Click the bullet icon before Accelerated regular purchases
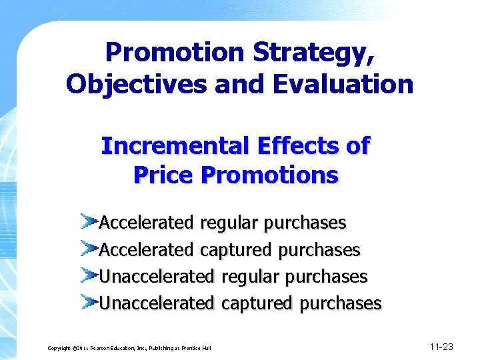pos(89,220)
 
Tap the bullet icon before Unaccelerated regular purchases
pos(89,274)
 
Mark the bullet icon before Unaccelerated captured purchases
pos(89,301)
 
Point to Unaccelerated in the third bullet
pos(157,276)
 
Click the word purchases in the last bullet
pos(340,304)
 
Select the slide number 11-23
pos(441,347)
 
